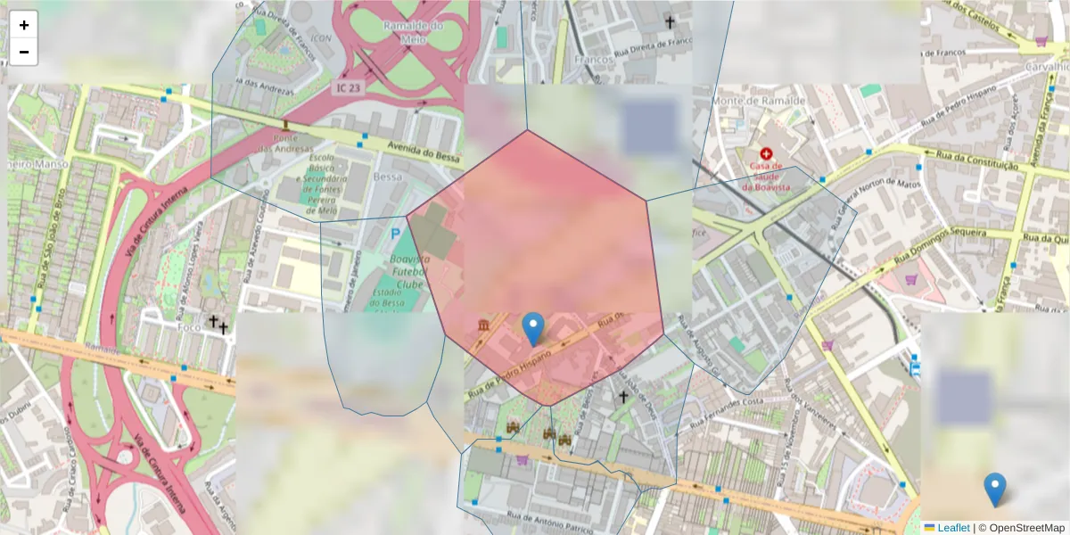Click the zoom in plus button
click(x=23, y=25)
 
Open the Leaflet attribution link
click(x=953, y=528)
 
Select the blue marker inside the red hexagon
click(x=533, y=328)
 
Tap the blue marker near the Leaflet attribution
click(x=994, y=490)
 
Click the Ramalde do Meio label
click(x=413, y=32)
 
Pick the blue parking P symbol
click(x=395, y=235)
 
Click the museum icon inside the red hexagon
click(x=484, y=324)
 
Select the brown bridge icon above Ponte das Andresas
click(x=285, y=125)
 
